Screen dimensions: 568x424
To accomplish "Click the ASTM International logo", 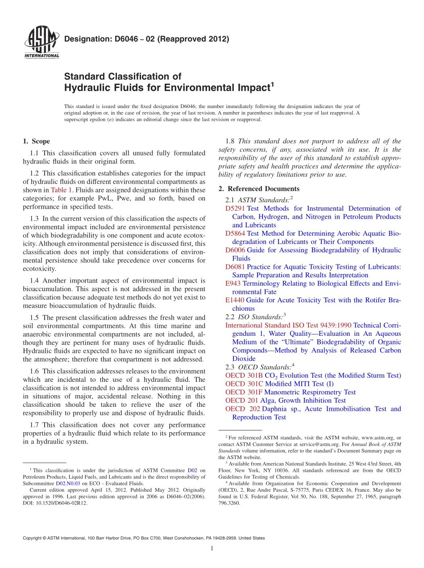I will (42, 42).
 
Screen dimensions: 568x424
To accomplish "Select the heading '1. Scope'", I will (37, 142).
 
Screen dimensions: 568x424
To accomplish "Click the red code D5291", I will (235, 209).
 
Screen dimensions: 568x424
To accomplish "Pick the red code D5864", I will (235, 234).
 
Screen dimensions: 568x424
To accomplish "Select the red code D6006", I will (235, 250).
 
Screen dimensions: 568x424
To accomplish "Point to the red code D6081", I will (235, 267).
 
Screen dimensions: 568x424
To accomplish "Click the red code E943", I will (233, 284).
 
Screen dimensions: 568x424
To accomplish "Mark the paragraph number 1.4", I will (35, 281).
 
